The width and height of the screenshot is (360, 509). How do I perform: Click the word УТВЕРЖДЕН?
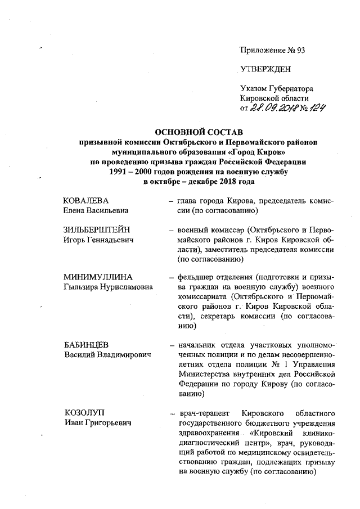point(265,69)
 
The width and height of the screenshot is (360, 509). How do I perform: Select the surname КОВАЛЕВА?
point(86,200)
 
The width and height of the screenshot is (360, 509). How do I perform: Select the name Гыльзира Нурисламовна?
point(109,287)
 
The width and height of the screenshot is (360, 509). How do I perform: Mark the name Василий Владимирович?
point(109,354)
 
